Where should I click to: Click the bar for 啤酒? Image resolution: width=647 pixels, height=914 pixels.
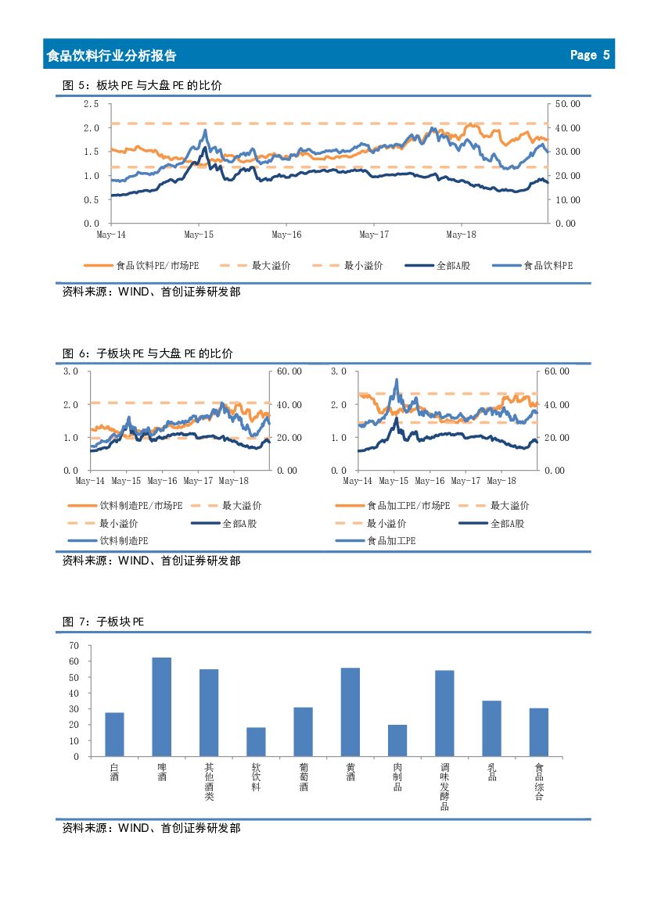point(161,707)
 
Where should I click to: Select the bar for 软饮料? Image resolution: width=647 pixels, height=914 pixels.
point(256,742)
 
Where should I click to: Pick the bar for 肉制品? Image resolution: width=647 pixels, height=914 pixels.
point(397,740)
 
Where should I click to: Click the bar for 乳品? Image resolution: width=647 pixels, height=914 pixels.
point(492,728)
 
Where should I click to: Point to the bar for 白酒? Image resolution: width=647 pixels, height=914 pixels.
point(114,734)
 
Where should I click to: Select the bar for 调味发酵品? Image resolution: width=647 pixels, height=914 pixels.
point(444,713)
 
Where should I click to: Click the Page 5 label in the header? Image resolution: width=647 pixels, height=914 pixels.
point(589,55)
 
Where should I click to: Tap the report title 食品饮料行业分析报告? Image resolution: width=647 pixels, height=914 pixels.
point(111,56)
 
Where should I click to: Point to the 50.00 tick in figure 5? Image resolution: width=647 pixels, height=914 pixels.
point(566,103)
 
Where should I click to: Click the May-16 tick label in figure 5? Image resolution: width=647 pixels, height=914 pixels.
point(286,234)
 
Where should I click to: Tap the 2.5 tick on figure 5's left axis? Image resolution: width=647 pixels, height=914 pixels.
point(92,103)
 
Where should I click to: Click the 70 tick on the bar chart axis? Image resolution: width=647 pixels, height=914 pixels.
point(74,645)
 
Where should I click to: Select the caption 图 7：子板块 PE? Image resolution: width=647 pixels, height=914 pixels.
point(103,622)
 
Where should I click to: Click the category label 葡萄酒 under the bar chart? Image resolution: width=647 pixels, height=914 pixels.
point(304,777)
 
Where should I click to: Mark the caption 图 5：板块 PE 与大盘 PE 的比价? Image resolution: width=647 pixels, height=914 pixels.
point(142,85)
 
